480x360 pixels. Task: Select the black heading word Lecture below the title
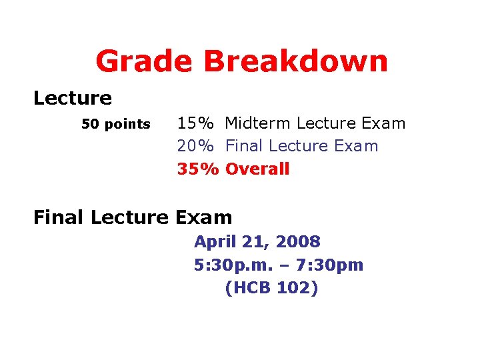click(x=73, y=99)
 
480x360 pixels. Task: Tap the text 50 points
click(x=116, y=125)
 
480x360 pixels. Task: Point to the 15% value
click(x=195, y=123)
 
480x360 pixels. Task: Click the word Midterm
click(x=258, y=123)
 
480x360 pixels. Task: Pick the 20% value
click(x=195, y=146)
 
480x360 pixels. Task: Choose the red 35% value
click(x=197, y=169)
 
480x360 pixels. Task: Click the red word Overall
click(x=257, y=169)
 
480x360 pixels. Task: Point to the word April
click(x=215, y=242)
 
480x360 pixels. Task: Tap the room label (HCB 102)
click(x=272, y=288)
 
